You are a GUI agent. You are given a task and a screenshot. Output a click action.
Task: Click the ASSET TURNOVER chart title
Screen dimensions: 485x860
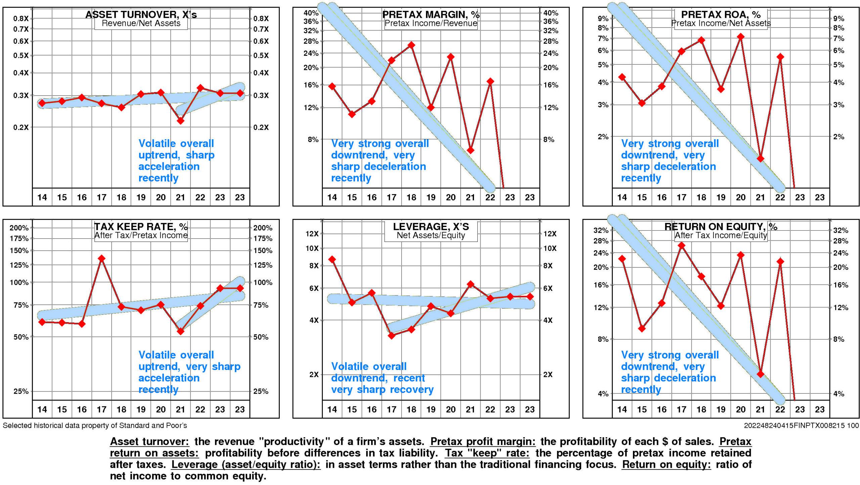tap(141, 14)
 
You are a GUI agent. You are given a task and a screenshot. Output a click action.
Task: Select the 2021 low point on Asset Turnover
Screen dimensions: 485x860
tap(180, 120)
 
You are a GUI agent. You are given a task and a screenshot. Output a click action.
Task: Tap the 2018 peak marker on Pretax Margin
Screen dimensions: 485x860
tap(411, 45)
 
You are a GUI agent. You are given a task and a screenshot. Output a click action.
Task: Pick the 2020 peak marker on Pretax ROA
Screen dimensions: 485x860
tap(740, 37)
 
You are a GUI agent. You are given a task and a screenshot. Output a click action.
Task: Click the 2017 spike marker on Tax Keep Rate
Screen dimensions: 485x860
tap(101, 258)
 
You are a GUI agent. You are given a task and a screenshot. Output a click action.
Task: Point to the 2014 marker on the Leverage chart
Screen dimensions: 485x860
tap(332, 259)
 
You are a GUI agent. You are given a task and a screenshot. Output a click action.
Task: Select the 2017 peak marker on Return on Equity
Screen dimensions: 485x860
tap(681, 246)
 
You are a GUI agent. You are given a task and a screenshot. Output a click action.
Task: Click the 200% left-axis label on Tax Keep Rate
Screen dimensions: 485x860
tap(19, 228)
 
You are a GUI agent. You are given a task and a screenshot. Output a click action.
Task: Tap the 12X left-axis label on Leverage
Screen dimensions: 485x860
tap(312, 233)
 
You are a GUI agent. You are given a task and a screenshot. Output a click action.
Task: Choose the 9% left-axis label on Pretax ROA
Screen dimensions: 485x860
tap(603, 18)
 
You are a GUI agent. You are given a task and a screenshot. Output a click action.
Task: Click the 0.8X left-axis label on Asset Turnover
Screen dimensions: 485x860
tap(21, 18)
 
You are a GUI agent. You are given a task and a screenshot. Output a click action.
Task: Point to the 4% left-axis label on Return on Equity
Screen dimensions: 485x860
tap(603, 394)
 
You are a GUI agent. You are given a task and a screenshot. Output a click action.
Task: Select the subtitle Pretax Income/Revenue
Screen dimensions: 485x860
tap(431, 23)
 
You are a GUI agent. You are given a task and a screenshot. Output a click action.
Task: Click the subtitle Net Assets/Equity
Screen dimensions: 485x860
tap(431, 235)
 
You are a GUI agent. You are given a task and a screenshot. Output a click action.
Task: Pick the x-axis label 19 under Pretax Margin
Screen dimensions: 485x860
tap(431, 197)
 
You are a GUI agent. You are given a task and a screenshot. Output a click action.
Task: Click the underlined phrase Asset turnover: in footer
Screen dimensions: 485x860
tap(149, 441)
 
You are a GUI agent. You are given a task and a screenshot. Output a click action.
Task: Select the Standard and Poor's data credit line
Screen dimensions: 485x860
tap(95, 425)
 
